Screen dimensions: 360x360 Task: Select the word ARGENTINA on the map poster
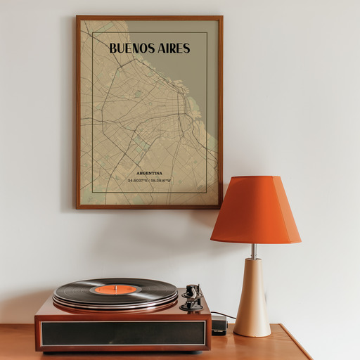[x=149, y=173]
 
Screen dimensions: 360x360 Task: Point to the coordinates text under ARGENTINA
[x=149, y=181]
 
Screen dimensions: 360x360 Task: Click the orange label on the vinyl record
[x=115, y=289]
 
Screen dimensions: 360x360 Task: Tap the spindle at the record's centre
[x=115, y=288]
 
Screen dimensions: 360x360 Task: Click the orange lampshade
[x=255, y=210]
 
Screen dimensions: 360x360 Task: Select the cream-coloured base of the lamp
[x=252, y=299]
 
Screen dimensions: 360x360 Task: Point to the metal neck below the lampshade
[x=254, y=251]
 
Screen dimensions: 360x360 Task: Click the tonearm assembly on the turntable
[x=191, y=297]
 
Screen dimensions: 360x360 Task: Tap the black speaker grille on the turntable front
[x=123, y=333]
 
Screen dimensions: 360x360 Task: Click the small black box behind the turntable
[x=219, y=325]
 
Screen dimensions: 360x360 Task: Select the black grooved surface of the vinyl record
[x=77, y=290]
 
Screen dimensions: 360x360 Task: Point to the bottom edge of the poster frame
[x=149, y=207]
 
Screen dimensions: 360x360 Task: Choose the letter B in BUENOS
[x=113, y=49]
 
